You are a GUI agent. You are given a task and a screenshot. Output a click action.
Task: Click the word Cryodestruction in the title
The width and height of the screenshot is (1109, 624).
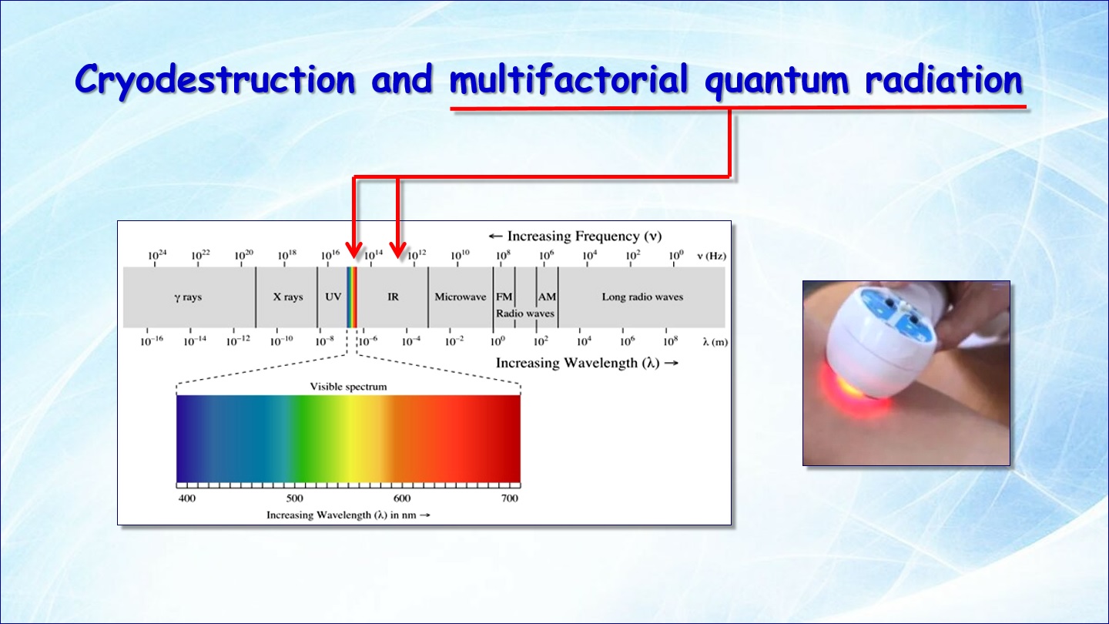tap(216, 80)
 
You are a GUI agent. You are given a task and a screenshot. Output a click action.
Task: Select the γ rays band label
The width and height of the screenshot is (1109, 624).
tap(188, 297)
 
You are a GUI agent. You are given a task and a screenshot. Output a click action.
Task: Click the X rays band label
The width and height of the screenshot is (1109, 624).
tap(288, 297)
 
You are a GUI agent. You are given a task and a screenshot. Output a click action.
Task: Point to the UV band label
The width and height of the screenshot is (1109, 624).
tap(333, 297)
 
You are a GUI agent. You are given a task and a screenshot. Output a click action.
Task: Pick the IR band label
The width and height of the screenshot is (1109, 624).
tap(393, 297)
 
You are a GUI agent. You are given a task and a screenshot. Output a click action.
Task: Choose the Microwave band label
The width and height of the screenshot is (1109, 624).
tap(461, 297)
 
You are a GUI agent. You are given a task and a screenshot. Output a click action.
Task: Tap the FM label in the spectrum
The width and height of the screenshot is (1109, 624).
tap(504, 297)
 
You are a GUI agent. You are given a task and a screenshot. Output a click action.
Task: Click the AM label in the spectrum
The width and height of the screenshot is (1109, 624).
tap(547, 297)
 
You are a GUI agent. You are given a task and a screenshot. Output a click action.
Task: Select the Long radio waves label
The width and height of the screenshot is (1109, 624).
tap(642, 297)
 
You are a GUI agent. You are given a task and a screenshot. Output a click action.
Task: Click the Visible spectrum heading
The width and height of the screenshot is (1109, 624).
tap(348, 387)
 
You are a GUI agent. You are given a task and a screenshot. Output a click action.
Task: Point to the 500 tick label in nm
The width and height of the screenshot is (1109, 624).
tap(294, 498)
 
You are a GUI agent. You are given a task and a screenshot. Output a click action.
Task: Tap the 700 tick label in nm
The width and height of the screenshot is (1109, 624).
tap(510, 498)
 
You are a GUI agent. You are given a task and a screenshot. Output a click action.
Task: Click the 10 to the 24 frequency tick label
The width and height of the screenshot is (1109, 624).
tap(157, 255)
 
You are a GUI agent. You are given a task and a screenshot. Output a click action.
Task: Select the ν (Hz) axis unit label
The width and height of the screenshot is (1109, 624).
tap(712, 256)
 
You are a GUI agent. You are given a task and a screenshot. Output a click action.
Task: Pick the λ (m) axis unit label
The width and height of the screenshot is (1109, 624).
tap(715, 342)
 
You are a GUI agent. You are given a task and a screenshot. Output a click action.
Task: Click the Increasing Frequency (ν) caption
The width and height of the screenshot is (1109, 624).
tap(575, 237)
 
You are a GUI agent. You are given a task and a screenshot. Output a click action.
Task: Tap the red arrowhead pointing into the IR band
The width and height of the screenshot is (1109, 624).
tap(398, 250)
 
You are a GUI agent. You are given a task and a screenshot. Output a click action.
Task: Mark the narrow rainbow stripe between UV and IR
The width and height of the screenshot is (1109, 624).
tap(351, 297)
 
